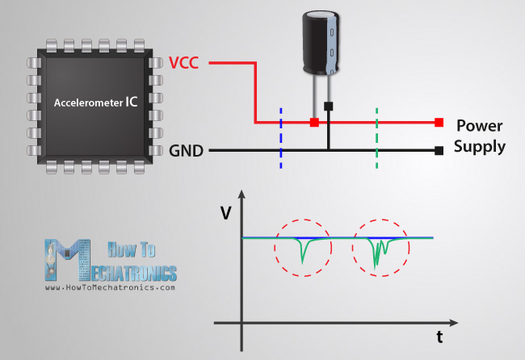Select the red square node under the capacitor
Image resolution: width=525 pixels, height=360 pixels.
313,123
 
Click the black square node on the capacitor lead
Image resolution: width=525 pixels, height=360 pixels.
328,106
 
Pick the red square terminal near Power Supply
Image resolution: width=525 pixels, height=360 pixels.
439,123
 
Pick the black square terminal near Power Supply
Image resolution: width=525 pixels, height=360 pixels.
439,151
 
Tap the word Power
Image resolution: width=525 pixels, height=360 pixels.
480,127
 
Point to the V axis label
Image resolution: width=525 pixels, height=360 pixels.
224,213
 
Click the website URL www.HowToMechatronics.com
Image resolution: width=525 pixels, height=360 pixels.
111,287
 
